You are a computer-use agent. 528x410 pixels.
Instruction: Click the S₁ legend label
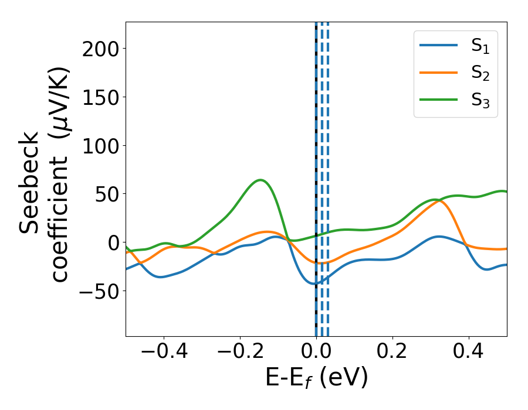pyautogui.click(x=480, y=47)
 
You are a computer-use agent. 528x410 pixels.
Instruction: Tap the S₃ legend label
pyautogui.click(x=480, y=100)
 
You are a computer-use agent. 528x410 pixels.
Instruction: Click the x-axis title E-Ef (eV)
pyautogui.click(x=316, y=378)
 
